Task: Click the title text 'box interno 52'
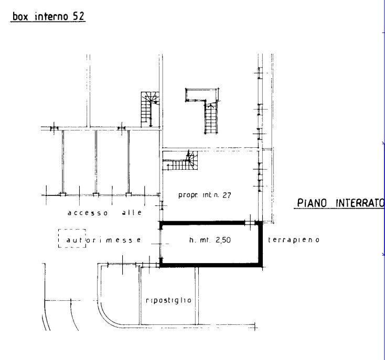(48, 16)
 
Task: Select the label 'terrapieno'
(294, 239)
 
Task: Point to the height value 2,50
(223, 239)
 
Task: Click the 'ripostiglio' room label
(168, 300)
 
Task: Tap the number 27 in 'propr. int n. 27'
(227, 195)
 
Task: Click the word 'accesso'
(88, 213)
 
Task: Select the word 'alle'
(132, 212)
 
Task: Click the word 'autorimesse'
(104, 239)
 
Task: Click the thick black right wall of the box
(260, 244)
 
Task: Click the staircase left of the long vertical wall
(150, 110)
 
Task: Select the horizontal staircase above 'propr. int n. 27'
(180, 161)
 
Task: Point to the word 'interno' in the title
(51, 16)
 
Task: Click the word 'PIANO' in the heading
(312, 203)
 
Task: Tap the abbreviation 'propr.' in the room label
(188, 195)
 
